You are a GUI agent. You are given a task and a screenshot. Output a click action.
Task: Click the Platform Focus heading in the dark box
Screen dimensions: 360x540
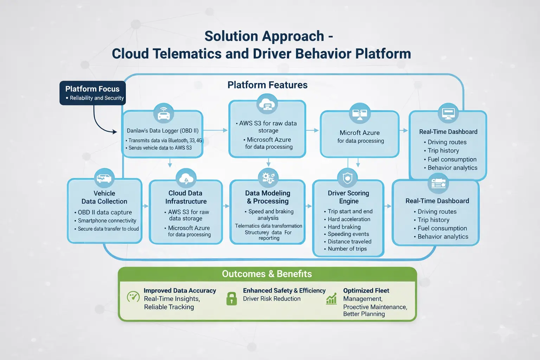(x=92, y=89)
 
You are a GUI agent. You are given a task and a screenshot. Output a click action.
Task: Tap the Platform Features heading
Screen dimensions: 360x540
(x=267, y=85)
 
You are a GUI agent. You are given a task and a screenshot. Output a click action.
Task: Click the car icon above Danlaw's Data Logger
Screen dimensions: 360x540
(x=163, y=113)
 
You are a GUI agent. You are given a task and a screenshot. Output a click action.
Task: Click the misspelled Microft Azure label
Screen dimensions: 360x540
(x=359, y=133)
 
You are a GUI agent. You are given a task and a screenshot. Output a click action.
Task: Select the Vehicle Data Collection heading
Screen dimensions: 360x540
(x=104, y=197)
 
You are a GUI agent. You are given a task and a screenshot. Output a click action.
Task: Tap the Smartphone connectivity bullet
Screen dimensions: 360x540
(x=107, y=221)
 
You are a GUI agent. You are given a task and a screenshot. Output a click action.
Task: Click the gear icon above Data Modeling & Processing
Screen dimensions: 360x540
(x=268, y=178)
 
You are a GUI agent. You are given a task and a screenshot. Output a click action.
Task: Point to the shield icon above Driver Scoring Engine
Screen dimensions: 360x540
(x=347, y=178)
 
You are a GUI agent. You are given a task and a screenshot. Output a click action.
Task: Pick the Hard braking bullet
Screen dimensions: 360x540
(x=344, y=227)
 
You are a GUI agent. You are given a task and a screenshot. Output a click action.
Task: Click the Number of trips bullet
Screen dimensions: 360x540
(x=347, y=249)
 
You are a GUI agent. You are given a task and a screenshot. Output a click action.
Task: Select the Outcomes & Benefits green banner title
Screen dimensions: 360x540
(x=267, y=274)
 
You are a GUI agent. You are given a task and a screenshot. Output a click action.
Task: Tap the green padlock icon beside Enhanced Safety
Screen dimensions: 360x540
(x=231, y=298)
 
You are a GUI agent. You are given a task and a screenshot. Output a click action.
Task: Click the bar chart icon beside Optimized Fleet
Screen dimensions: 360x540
(x=331, y=299)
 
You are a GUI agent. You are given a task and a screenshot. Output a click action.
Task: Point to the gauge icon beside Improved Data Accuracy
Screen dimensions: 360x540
(x=133, y=297)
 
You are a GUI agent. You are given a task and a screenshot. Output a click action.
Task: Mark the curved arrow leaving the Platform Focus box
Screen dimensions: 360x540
(x=98, y=123)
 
